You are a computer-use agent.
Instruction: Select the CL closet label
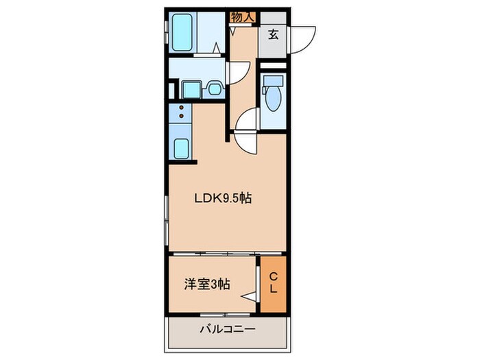coord(273,283)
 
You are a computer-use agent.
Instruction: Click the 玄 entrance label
coord(273,34)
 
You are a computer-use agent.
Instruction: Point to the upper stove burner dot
coord(181,108)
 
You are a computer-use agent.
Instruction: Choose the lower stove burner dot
coord(181,117)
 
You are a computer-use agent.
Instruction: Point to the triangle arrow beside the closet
coord(250,297)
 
